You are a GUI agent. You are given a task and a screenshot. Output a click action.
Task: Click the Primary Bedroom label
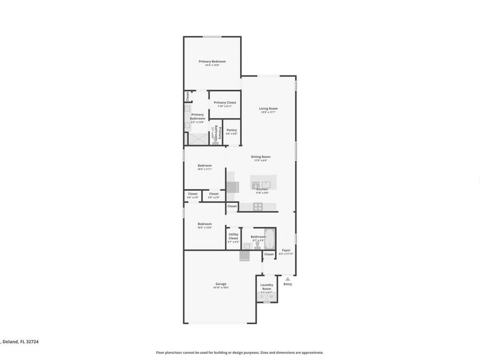click(212, 61)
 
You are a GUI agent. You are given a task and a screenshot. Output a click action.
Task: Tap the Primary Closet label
click(225, 102)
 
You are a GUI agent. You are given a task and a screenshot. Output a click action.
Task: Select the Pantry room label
click(231, 130)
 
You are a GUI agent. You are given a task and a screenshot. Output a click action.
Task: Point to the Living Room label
click(268, 108)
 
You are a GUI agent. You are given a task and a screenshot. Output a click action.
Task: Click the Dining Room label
click(261, 156)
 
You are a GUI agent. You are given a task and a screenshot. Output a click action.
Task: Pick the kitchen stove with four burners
click(258, 207)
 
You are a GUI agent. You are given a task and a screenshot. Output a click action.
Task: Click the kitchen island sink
click(261, 185)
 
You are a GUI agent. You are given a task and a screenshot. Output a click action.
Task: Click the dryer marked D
click(262, 297)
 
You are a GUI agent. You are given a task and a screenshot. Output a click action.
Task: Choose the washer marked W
click(271, 297)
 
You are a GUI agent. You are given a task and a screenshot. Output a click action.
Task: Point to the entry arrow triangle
click(287, 278)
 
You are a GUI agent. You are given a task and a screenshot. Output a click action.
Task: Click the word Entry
click(287, 284)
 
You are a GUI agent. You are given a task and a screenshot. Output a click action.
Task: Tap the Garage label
click(221, 284)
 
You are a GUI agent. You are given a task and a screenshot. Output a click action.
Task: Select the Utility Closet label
click(234, 236)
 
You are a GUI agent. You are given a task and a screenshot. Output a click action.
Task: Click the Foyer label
click(286, 250)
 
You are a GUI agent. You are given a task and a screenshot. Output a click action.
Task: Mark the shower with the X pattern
click(198, 139)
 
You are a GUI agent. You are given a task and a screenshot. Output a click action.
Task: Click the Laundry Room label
click(267, 287)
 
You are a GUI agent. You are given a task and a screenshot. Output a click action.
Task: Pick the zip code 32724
click(29, 341)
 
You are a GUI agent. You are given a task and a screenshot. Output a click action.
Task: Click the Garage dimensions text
click(221, 288)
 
